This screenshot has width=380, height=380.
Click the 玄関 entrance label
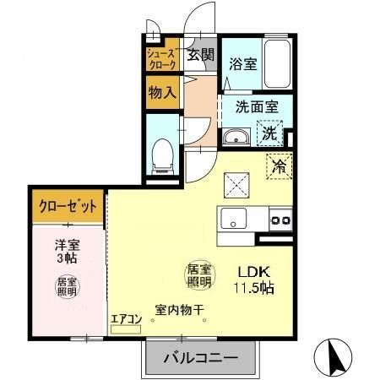[x=200, y=57]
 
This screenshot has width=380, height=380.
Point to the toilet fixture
[x=160, y=153]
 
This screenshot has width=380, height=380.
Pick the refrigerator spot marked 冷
[x=278, y=166]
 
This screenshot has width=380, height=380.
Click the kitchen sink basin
[x=231, y=221]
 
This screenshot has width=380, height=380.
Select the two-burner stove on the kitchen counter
[x=279, y=221]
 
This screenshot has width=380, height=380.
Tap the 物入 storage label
[x=160, y=92]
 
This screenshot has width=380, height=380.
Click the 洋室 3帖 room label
[x=67, y=252]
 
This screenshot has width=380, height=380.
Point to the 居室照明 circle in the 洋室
[x=67, y=285]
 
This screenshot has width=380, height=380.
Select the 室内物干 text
[x=179, y=310]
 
